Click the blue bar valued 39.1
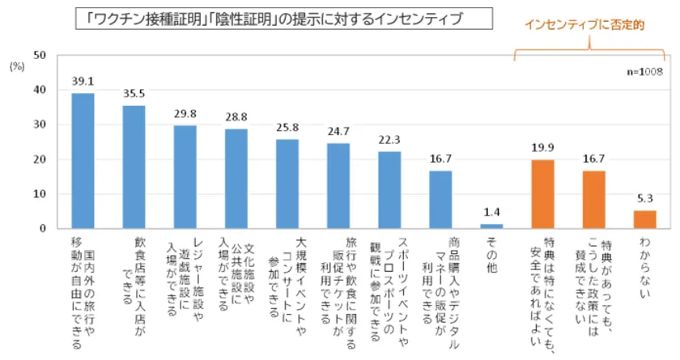(83, 161)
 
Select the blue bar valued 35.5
(134, 167)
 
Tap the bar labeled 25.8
(287, 184)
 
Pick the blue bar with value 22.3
(389, 190)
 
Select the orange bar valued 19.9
(542, 194)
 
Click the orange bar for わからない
(644, 219)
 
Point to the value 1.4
(491, 213)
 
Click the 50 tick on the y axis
(39, 56)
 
